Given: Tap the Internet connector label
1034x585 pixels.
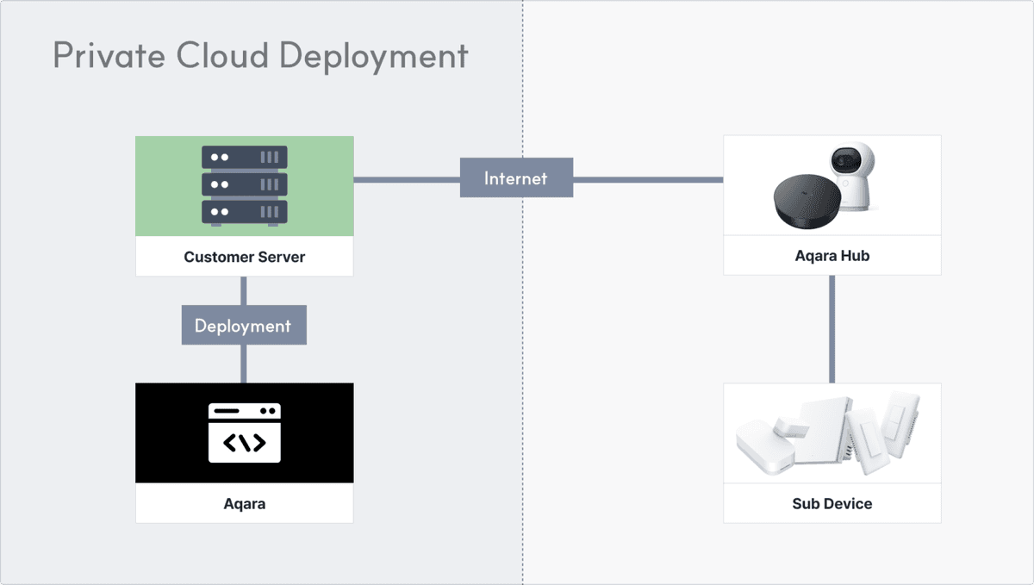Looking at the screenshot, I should [515, 178].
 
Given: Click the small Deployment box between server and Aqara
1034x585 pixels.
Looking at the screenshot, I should [243, 326].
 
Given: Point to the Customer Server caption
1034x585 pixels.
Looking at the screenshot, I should [244, 257].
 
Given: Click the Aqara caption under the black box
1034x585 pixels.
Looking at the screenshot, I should [244, 504].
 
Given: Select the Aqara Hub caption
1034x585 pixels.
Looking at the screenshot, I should [832, 256].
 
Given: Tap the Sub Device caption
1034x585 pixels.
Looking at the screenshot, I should [832, 504].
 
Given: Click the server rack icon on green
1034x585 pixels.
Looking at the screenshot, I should [244, 185].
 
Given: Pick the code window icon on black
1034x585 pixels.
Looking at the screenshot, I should [244, 433].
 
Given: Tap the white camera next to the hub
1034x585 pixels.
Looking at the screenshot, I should [852, 177].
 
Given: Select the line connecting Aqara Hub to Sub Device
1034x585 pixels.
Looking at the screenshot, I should [832, 328].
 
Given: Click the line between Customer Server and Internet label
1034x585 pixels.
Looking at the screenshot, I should [406, 179].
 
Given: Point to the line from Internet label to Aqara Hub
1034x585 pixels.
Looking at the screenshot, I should [648, 179].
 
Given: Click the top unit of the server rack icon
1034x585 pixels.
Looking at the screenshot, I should [244, 158].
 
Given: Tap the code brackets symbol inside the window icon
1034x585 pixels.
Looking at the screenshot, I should [244, 443].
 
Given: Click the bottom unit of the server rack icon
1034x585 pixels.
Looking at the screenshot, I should [244, 212].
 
